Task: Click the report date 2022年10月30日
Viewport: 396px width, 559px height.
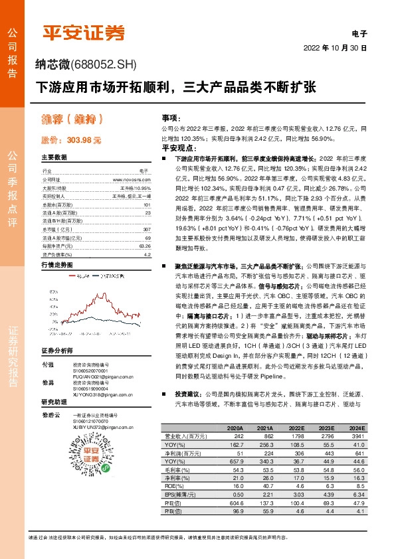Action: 335,48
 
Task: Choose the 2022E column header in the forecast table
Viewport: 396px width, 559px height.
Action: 298,428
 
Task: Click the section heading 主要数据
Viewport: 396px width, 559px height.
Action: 54,157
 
